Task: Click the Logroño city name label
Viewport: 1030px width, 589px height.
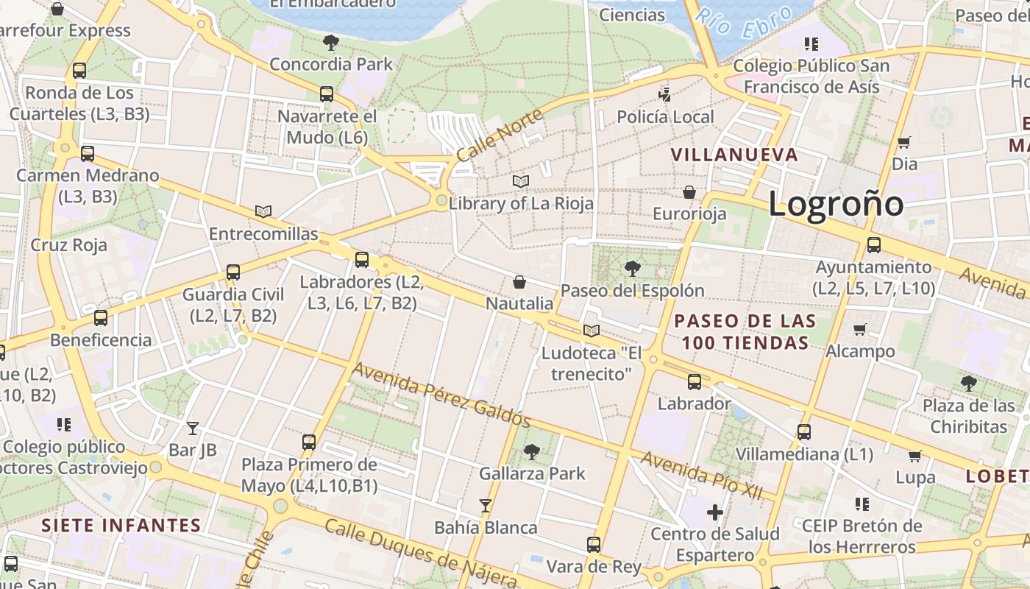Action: coord(836,203)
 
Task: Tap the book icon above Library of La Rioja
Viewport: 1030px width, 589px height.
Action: coord(521,181)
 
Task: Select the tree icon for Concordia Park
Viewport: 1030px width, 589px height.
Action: coord(331,43)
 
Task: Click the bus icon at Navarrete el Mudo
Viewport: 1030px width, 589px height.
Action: coord(327,94)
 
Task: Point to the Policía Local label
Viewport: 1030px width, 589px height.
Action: coord(665,117)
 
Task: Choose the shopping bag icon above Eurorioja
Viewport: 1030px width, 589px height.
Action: coord(689,193)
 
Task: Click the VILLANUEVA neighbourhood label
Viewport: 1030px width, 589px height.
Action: coord(734,155)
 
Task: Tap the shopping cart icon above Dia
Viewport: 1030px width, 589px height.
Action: coord(904,143)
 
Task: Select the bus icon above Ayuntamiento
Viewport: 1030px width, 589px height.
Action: coord(874,245)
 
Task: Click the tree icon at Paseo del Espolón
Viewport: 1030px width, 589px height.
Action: coord(632,269)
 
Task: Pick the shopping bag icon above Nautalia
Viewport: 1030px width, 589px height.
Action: coord(519,282)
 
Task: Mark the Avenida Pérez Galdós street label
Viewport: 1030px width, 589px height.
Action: coord(441,394)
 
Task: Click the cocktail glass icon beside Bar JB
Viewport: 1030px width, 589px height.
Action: coord(193,428)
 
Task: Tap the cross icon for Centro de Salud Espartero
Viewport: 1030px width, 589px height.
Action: coord(714,512)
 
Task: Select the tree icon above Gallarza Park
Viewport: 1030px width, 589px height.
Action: coord(531,452)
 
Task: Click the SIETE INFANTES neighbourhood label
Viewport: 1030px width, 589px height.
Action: coord(121,525)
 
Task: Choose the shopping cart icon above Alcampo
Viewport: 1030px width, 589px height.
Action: coord(859,330)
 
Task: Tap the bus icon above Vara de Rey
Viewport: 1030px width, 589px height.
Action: coord(594,545)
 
